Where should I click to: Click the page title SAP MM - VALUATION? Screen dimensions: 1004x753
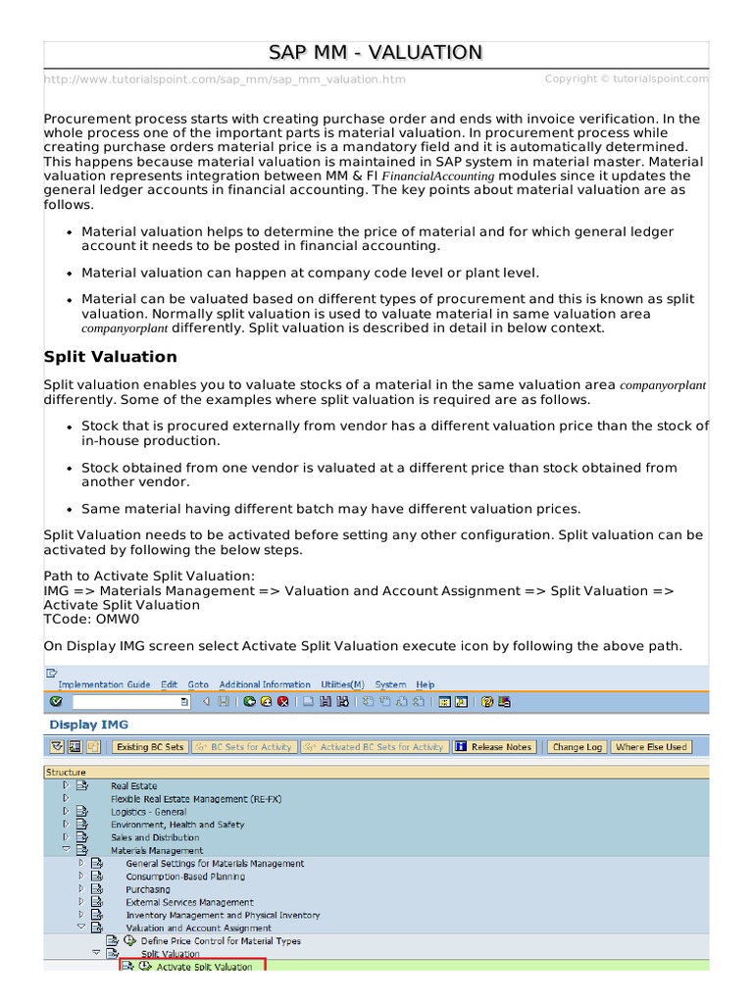coord(376,53)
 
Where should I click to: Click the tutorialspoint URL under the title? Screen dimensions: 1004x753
coord(225,79)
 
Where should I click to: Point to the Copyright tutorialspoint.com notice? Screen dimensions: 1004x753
coord(627,78)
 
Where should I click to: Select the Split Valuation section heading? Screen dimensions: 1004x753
coord(111,357)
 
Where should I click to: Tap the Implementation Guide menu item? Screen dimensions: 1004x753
coord(104,684)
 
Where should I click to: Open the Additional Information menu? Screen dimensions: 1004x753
coord(265,684)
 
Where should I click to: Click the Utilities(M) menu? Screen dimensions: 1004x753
coord(342,684)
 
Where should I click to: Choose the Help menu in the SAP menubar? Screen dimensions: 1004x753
coord(425,684)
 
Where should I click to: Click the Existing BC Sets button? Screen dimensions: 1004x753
coord(149,747)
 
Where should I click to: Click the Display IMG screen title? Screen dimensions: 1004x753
coord(88,725)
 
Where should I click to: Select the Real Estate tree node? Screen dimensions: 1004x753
coord(133,786)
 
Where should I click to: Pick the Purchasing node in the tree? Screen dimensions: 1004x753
coord(147,889)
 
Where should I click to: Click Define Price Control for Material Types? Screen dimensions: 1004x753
coord(221,940)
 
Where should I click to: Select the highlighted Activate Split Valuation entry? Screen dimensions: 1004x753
coord(203,966)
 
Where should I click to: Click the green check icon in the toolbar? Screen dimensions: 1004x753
coord(56,702)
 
